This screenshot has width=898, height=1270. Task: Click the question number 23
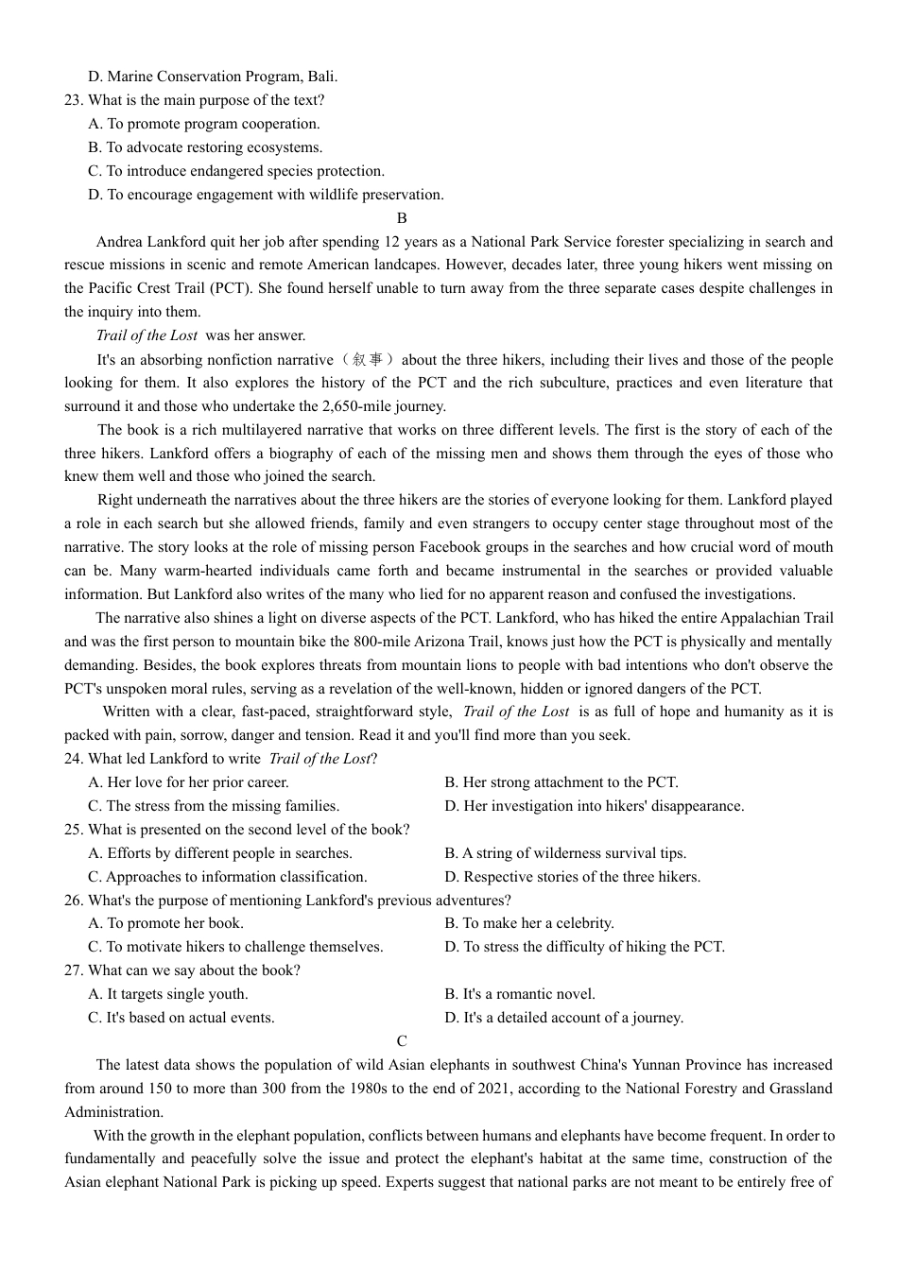74,100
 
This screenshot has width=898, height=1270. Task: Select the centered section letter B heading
402,218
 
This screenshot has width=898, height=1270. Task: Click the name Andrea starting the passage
120,242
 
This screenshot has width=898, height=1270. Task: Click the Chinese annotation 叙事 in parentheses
368,360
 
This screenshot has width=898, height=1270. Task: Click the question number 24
74,759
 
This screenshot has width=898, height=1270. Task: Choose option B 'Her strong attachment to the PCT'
561,782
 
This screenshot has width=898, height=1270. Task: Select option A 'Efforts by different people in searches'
219,853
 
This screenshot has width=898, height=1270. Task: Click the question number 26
74,901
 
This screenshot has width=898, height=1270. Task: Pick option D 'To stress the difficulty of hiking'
584,947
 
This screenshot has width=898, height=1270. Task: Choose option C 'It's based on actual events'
181,1018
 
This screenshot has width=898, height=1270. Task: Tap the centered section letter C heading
402,1041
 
